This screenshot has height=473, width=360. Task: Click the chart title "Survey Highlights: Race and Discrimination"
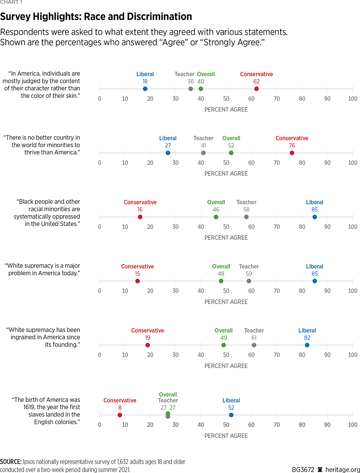(96, 17)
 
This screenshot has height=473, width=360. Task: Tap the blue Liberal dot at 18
(145, 89)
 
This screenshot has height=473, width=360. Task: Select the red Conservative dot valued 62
(257, 89)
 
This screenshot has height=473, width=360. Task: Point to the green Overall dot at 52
(231, 153)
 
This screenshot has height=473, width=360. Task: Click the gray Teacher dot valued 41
(203, 153)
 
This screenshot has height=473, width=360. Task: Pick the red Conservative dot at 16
(140, 217)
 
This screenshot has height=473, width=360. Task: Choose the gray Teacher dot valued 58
(246, 217)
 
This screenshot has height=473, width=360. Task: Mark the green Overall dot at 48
(221, 281)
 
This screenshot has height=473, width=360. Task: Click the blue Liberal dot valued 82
(307, 345)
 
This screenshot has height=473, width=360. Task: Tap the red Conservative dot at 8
(120, 415)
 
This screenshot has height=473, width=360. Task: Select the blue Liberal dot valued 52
(231, 415)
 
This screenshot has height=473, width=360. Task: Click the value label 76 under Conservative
(292, 145)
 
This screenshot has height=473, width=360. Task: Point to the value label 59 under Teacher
(249, 274)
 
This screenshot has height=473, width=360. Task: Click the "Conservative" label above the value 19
(147, 331)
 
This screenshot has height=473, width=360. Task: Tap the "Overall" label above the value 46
(216, 202)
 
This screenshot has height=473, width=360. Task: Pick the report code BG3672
(303, 469)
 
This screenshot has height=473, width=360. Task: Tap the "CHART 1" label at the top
(11, 2)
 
